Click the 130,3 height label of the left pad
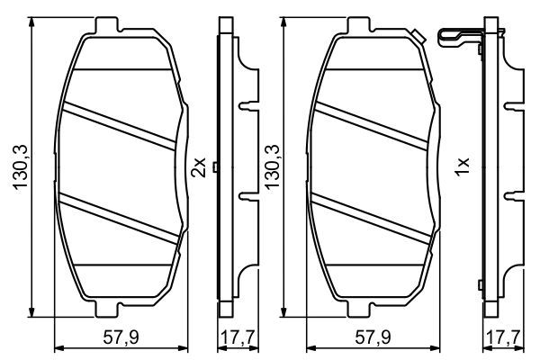point(21,166)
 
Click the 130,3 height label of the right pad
point(272,166)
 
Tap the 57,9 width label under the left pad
point(121,337)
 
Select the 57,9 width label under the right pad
point(373,337)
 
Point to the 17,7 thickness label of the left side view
point(238,337)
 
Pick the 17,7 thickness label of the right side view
point(504,337)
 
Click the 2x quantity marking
point(199,167)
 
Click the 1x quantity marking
point(463,166)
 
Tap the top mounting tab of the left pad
point(107,24)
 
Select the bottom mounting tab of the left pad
point(107,310)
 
